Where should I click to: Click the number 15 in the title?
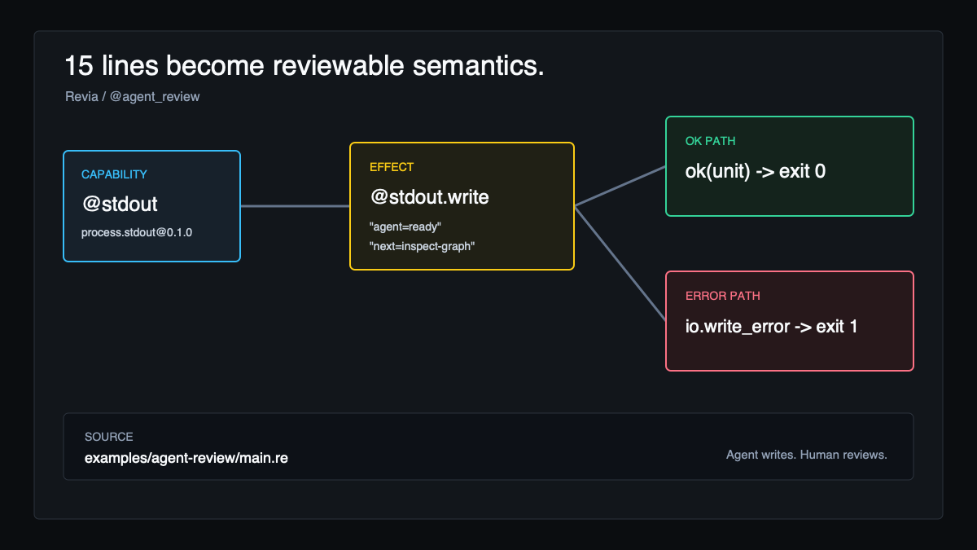(x=79, y=66)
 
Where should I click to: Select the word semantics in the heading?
(x=479, y=66)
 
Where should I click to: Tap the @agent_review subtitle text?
(x=155, y=97)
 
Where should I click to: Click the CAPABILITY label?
(x=114, y=174)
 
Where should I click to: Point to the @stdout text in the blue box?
(x=120, y=205)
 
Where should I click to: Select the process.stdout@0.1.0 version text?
(x=137, y=232)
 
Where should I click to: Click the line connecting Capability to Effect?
(x=296, y=206)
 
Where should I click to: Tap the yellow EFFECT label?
(x=392, y=167)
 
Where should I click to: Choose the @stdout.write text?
(x=430, y=197)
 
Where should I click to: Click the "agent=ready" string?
(x=405, y=227)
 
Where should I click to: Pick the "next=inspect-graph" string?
(x=422, y=247)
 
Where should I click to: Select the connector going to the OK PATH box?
(x=620, y=186)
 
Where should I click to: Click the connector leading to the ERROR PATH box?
(x=620, y=264)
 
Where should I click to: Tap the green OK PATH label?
(x=711, y=141)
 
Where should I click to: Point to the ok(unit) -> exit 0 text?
(x=756, y=172)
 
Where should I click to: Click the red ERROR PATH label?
(x=723, y=296)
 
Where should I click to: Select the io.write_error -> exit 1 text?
(x=771, y=327)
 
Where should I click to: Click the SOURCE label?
(x=108, y=437)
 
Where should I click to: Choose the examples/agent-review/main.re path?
(x=186, y=458)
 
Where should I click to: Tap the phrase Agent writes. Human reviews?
(x=807, y=455)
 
